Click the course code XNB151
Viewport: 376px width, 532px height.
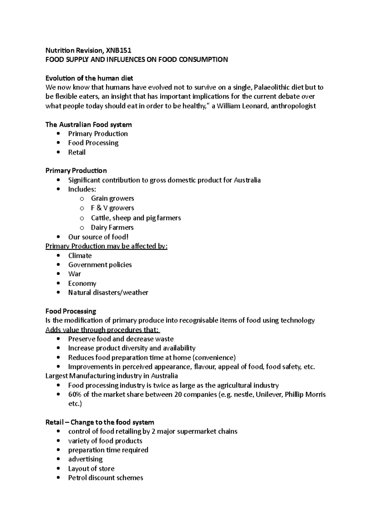(119, 50)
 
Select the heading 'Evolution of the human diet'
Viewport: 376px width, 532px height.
(89, 78)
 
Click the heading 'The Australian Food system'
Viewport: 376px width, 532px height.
(88, 125)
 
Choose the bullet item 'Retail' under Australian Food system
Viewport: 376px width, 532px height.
(77, 152)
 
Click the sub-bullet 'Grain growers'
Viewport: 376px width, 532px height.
(112, 198)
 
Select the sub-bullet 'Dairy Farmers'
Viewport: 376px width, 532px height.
(112, 227)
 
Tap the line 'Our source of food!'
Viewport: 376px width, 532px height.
(98, 237)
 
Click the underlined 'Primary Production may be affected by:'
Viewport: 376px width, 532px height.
(107, 246)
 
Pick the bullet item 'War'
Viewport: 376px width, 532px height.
(75, 274)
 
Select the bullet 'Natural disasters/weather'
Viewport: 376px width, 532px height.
(108, 293)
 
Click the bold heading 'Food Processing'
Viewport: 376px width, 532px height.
(71, 311)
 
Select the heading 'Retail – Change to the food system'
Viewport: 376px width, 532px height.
(100, 422)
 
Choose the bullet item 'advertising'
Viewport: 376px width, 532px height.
(85, 459)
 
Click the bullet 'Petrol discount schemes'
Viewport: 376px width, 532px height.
(106, 478)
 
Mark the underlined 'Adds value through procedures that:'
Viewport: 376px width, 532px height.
(103, 330)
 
